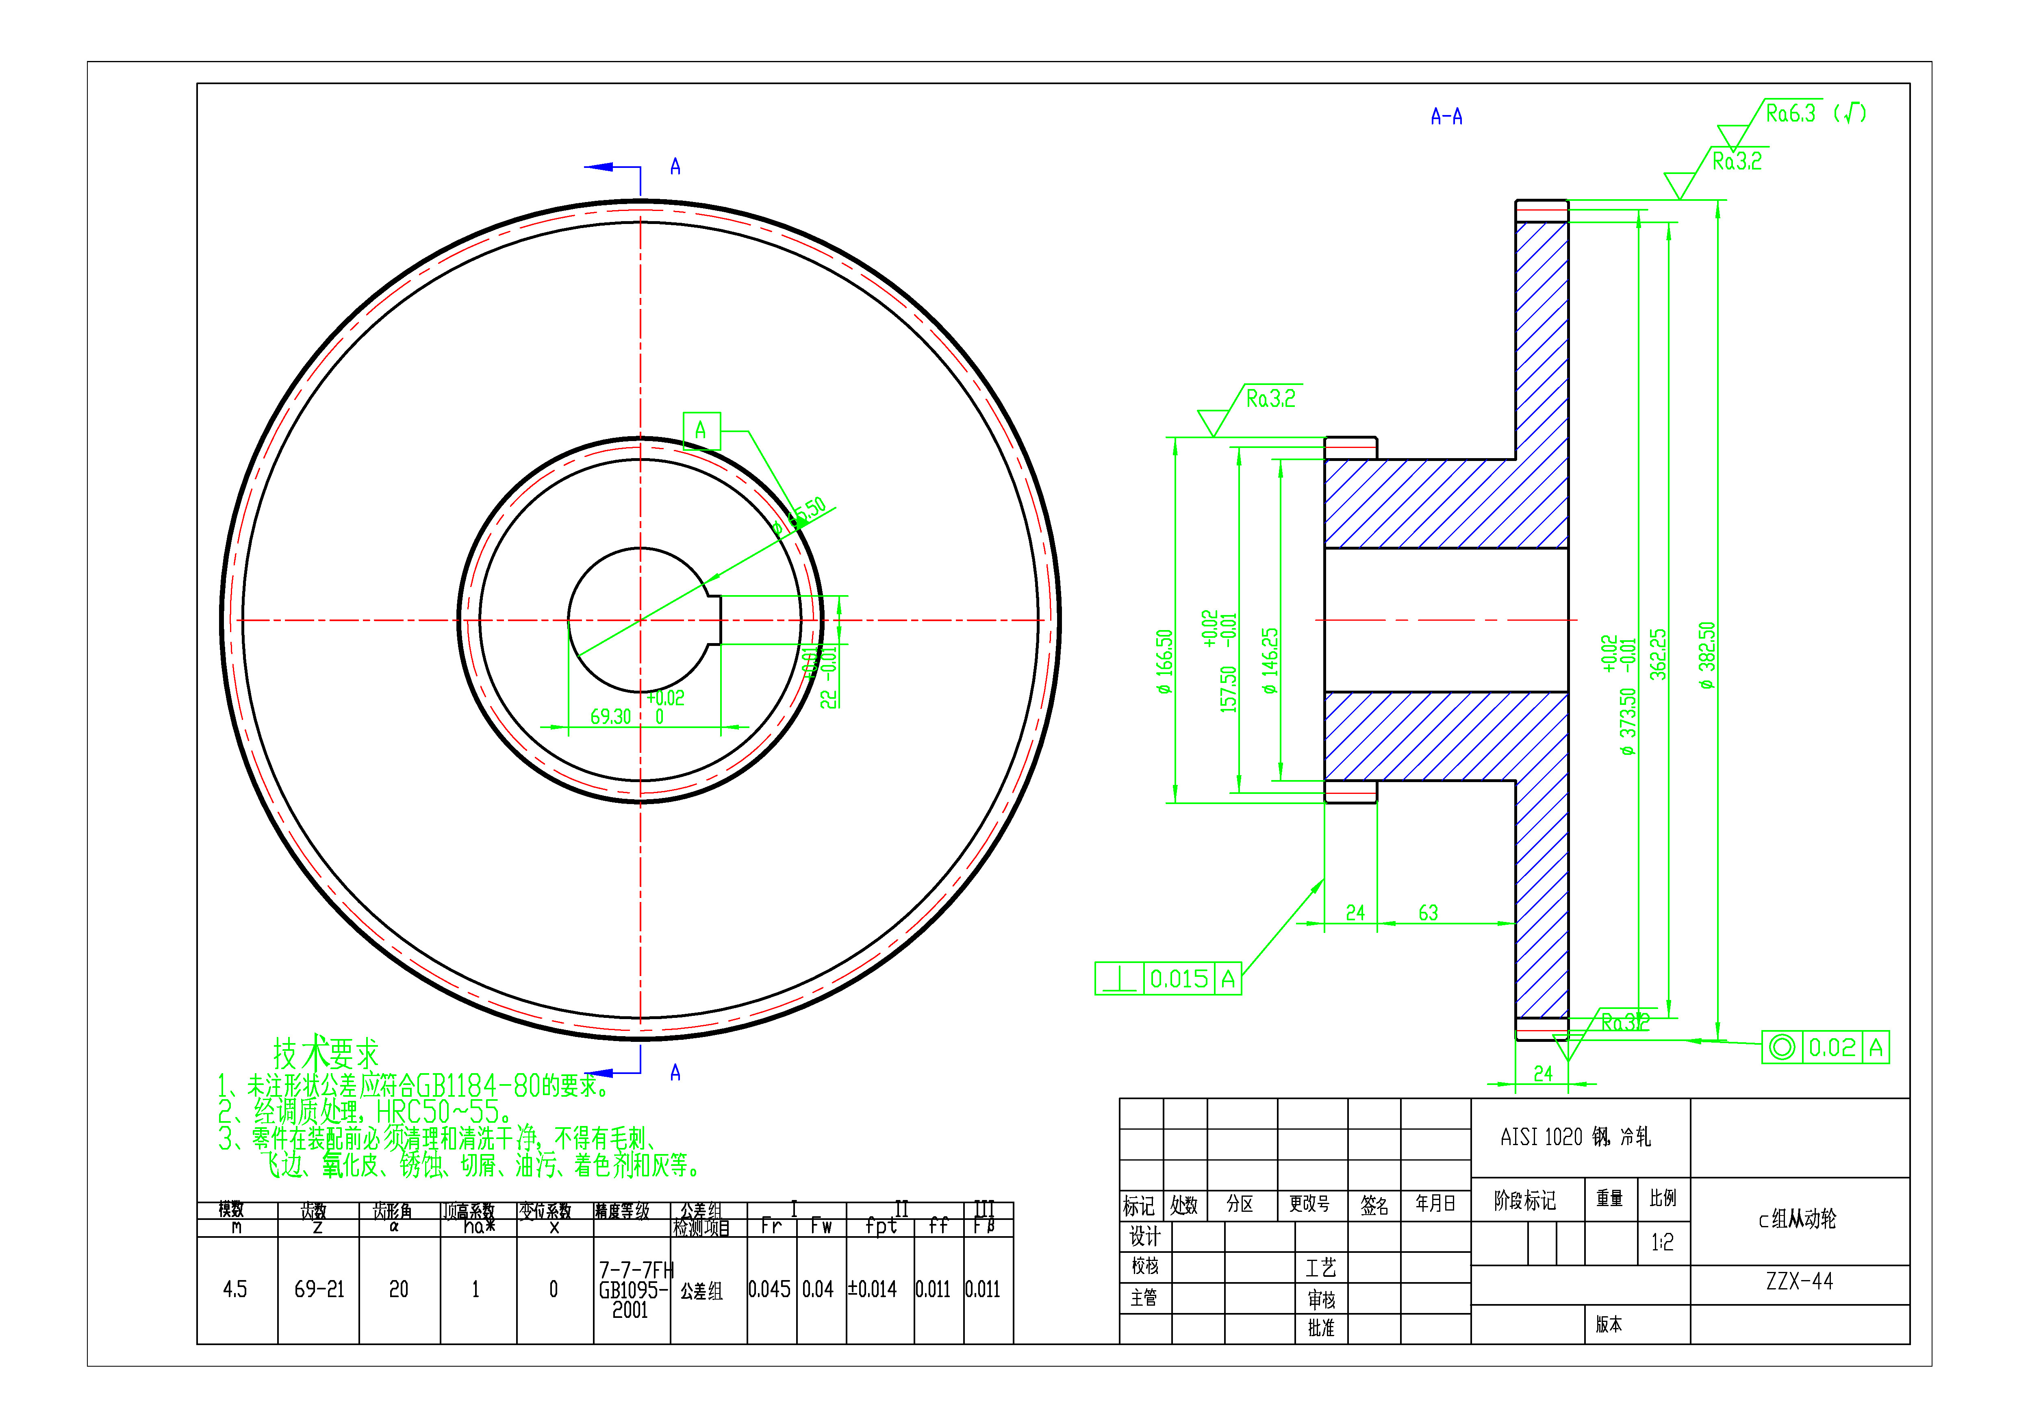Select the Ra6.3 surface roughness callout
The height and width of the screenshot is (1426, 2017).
[x=1789, y=113]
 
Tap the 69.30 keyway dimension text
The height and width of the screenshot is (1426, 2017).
[x=610, y=717]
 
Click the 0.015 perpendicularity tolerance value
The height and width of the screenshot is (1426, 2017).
[x=1179, y=979]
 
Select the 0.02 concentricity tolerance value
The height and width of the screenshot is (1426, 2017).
[x=1832, y=1047]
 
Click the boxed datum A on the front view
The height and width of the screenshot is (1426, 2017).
[x=701, y=430]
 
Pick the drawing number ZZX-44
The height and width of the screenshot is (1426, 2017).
[x=1799, y=1282]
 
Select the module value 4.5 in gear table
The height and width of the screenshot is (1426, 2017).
[x=234, y=1289]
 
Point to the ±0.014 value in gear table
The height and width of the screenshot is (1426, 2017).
[x=872, y=1289]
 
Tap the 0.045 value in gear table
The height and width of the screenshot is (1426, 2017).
[x=770, y=1289]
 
